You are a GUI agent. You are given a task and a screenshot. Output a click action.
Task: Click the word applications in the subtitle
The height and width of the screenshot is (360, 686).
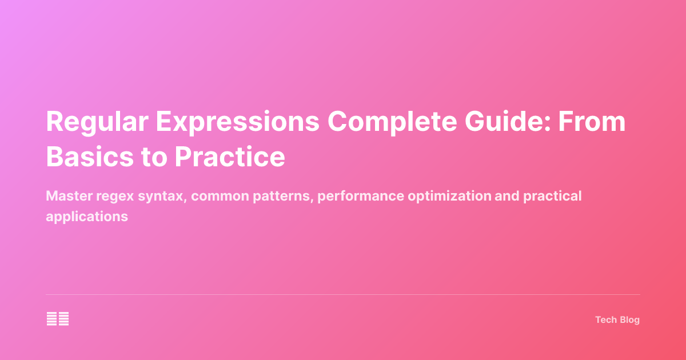pos(87,217)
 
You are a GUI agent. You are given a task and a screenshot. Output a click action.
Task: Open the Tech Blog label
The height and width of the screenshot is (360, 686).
pos(617,320)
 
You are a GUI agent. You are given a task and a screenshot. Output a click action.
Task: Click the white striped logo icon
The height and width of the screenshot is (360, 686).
pos(58,319)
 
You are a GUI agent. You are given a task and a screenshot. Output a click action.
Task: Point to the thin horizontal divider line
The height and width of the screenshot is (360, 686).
pos(343,295)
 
